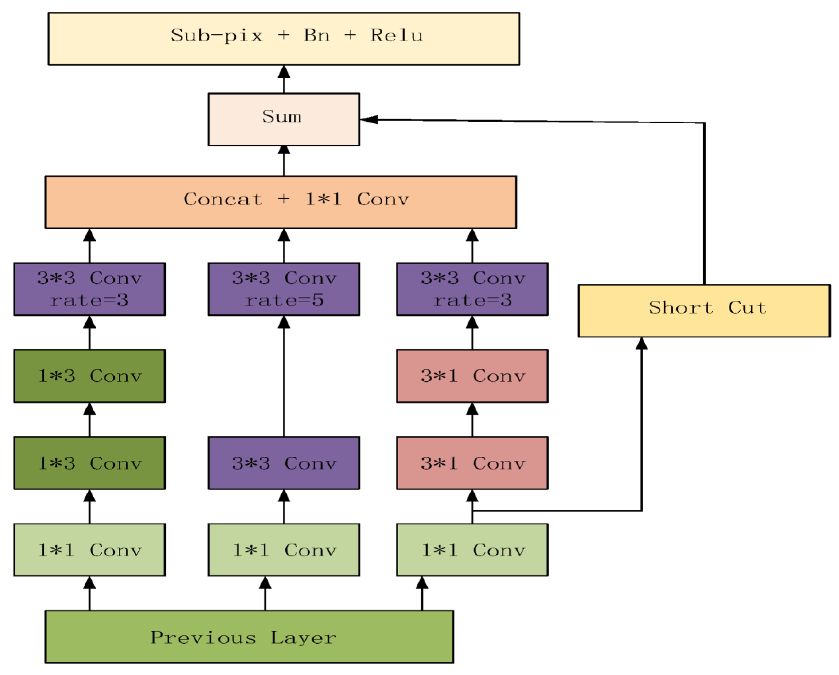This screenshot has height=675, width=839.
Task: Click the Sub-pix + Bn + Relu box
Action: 284,39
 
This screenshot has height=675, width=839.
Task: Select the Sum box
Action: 284,120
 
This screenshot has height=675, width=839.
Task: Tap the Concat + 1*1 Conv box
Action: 281,202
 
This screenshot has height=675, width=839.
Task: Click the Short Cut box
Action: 704,311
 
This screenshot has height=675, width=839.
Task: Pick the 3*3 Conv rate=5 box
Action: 284,289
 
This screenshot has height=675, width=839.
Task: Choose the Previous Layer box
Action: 249,637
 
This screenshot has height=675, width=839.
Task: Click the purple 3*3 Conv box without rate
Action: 284,463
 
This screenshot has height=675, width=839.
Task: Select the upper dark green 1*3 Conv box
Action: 90,376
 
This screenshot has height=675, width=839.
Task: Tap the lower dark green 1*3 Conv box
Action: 90,463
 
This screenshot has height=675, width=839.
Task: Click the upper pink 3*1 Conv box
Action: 472,376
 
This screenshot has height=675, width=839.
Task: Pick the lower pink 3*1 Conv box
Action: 472,463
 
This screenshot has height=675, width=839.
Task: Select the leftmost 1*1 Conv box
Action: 90,550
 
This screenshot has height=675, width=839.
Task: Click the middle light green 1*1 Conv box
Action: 284,550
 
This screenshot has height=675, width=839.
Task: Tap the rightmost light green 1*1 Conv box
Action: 472,550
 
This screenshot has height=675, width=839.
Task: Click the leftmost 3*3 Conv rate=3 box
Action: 90,289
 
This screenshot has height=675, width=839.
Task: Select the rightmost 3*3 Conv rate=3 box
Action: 472,289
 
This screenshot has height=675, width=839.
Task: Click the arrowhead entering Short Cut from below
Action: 641,344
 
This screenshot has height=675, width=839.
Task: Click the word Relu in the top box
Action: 396,36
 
